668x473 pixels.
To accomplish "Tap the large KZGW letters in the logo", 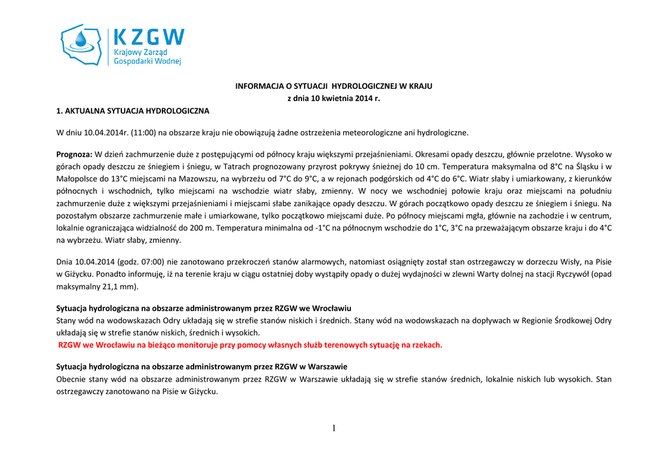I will click(149, 37).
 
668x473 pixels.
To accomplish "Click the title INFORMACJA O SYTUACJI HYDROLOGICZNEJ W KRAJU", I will click(333, 86).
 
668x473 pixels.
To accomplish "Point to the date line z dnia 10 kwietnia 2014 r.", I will click(333, 99).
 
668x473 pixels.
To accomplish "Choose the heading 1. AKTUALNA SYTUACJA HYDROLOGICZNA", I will click(133, 111).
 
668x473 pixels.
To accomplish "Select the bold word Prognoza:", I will click(74, 155).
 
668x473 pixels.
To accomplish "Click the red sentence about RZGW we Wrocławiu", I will click(250, 344).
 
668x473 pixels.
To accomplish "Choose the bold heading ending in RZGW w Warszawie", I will click(202, 367).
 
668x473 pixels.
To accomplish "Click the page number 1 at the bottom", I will click(333, 428).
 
